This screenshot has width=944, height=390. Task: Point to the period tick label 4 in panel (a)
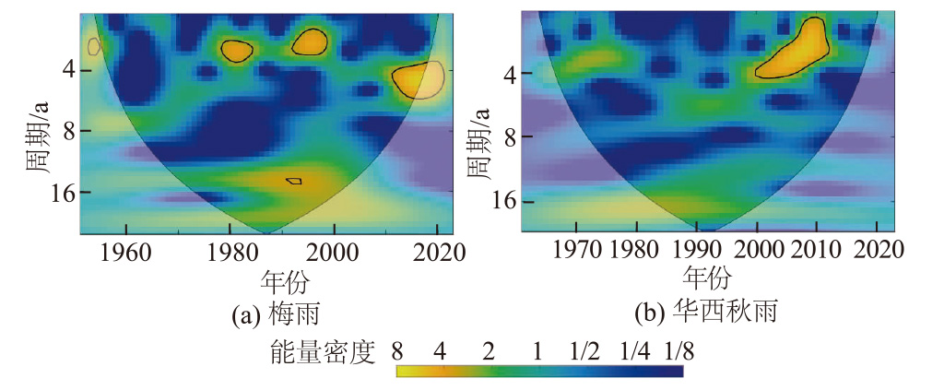pos(66,69)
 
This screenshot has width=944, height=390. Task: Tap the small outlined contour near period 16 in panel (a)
pos(293,181)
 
